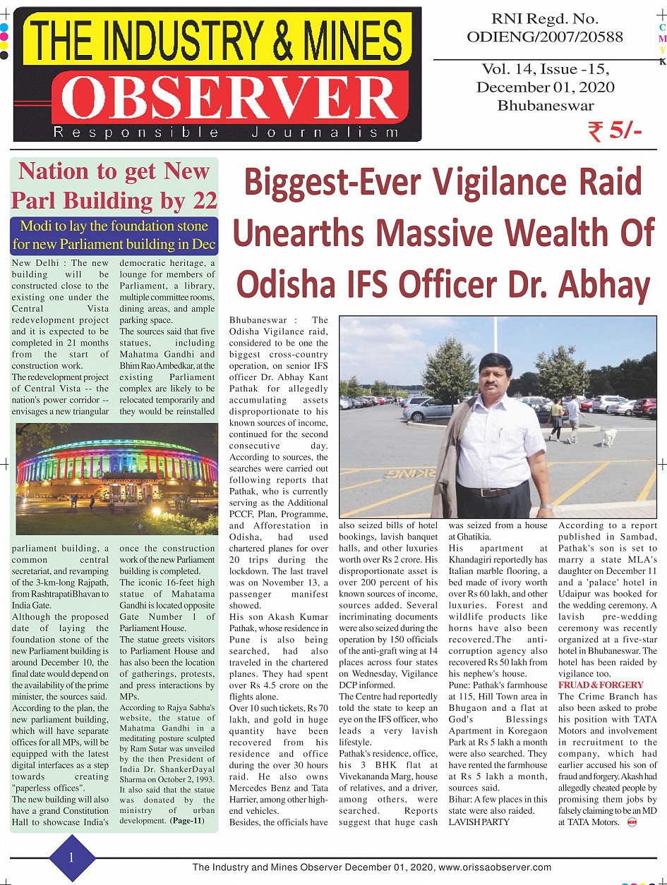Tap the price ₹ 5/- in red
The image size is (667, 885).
(x=614, y=131)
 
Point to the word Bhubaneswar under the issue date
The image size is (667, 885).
(x=545, y=106)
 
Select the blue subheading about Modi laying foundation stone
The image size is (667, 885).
(x=114, y=236)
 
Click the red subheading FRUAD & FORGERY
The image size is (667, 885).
(x=601, y=685)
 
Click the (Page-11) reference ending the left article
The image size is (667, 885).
(x=189, y=821)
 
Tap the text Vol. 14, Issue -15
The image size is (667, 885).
(x=545, y=69)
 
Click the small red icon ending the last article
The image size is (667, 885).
(x=632, y=822)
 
